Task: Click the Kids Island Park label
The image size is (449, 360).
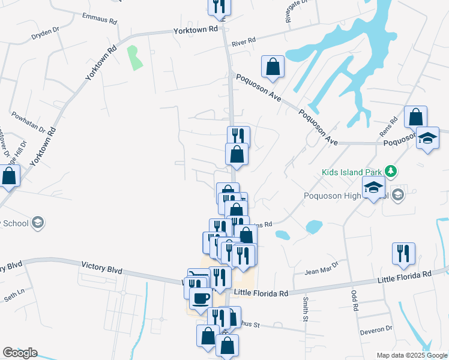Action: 352,173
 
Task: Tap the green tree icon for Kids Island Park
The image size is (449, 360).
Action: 391,172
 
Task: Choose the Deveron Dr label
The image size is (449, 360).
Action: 376,329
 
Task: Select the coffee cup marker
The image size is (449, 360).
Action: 200,298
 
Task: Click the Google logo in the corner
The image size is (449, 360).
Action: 20,353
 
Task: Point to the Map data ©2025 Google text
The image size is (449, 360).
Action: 412,355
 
